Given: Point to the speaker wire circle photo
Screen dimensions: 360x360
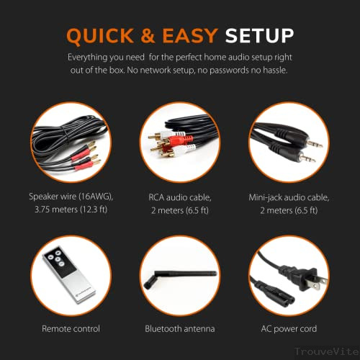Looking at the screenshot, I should pyautogui.click(x=69, y=143).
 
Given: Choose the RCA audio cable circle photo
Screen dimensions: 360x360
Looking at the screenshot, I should pyautogui.click(x=180, y=143).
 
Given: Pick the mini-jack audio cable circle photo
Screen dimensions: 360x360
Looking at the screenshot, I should pyautogui.click(x=291, y=143).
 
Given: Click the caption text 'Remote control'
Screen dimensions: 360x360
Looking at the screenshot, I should pyautogui.click(x=69, y=329).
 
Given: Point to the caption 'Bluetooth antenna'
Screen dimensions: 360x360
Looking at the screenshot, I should pyautogui.click(x=180, y=329).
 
